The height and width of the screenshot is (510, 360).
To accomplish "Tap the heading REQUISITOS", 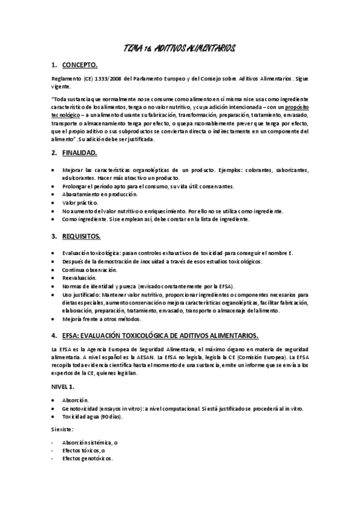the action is [84, 236].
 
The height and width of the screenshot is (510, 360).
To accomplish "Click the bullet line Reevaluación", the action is [79, 278].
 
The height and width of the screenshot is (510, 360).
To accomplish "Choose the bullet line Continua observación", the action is [89, 270].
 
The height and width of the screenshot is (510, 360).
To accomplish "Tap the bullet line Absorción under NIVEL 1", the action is [75, 399].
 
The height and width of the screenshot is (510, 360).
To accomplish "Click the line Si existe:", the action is [63, 429].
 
